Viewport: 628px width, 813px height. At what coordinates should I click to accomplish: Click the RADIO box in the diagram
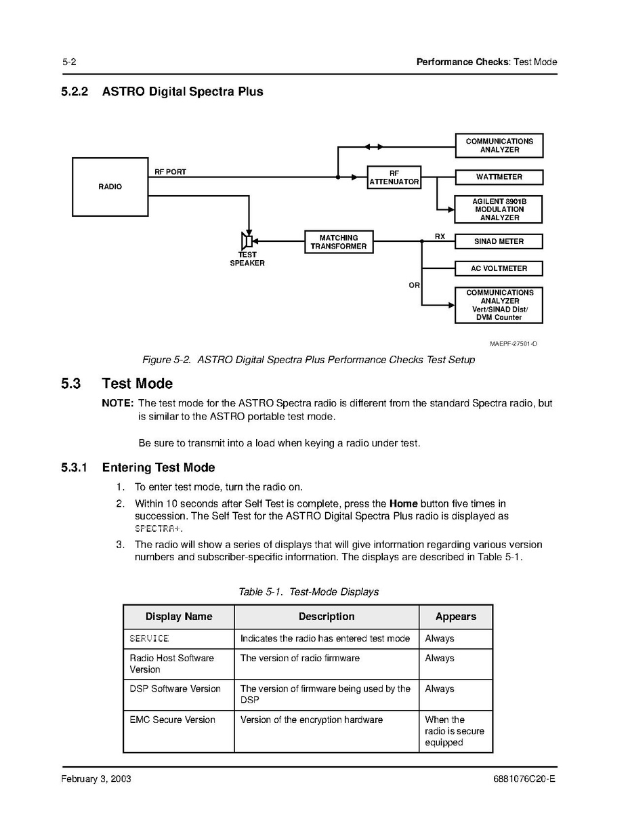(110, 187)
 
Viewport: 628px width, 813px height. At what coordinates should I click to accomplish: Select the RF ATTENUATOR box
(394, 178)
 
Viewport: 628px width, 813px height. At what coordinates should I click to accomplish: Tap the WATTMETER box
(499, 177)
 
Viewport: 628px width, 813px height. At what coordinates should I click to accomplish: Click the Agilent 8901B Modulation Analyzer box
(498, 209)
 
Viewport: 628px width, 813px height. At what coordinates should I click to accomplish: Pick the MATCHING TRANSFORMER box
(339, 242)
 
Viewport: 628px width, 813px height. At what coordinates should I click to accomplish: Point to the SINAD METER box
(499, 241)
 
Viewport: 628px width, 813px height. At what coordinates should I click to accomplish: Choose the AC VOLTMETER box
(499, 268)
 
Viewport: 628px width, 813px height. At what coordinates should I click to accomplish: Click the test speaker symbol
(247, 241)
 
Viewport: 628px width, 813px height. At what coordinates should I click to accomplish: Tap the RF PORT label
(170, 171)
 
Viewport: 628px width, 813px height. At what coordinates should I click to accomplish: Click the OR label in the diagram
(414, 285)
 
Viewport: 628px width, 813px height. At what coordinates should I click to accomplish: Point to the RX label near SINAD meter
(440, 236)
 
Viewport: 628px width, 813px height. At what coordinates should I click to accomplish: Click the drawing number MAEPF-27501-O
(514, 343)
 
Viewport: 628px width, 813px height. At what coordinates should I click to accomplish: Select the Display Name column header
(179, 617)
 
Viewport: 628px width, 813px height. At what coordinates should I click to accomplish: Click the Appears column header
(455, 617)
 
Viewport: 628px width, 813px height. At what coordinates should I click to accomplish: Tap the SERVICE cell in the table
(149, 638)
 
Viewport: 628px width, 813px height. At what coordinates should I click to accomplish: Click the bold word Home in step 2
(403, 503)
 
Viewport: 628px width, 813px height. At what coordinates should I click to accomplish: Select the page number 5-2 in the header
(69, 62)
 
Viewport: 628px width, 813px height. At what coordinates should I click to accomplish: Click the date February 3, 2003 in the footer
(96, 779)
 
